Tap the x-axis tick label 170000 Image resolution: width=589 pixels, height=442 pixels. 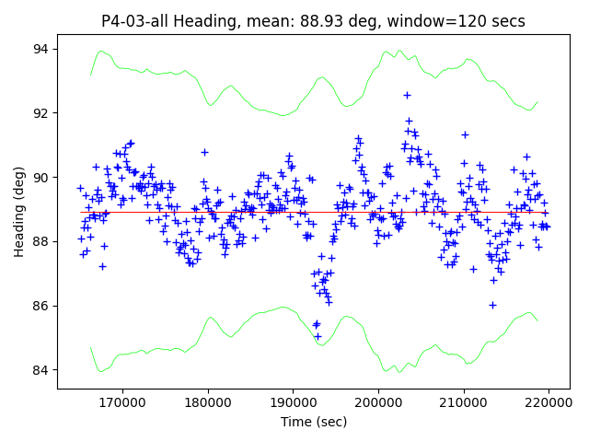click(122, 402)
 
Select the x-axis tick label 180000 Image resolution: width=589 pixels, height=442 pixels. click(208, 402)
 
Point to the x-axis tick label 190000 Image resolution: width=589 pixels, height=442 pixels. click(294, 402)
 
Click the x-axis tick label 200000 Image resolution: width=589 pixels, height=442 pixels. click(378, 402)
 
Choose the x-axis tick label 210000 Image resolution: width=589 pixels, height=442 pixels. click(464, 402)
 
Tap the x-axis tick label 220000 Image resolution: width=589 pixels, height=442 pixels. click(549, 402)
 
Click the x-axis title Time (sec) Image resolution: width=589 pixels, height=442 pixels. click(314, 422)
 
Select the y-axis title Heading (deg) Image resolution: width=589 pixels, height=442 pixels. click(19, 212)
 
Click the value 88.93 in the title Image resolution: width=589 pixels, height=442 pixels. click(349, 21)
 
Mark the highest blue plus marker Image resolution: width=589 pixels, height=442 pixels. click(407, 95)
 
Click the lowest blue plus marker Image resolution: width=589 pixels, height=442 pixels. click(318, 336)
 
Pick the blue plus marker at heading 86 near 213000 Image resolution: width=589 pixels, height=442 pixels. click(492, 305)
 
